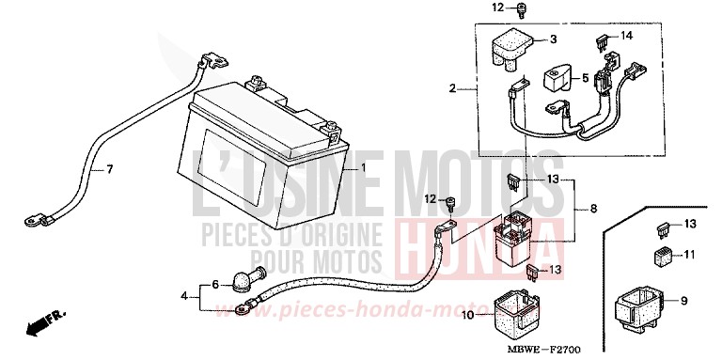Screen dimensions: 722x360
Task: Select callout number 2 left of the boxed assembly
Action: (x=452, y=89)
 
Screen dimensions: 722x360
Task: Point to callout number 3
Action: (x=552, y=39)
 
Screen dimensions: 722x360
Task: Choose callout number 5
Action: (x=585, y=79)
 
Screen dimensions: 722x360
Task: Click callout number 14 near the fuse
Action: (x=628, y=35)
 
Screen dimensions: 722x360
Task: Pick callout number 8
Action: (x=592, y=209)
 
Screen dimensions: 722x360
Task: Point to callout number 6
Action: (x=214, y=284)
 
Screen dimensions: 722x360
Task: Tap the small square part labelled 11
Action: (x=659, y=255)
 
